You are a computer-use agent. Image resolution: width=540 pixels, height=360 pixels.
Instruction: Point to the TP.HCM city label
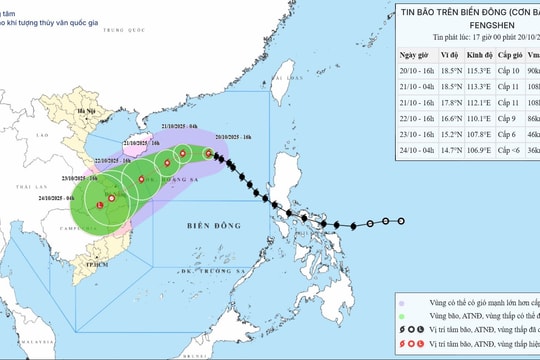[98, 264]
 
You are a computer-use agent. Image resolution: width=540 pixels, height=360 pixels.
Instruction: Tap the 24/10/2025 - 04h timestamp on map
[64, 199]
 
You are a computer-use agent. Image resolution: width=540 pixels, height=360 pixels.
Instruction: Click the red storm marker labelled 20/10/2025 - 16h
[208, 154]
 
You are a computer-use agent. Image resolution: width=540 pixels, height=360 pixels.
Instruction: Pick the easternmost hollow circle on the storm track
[402, 222]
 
